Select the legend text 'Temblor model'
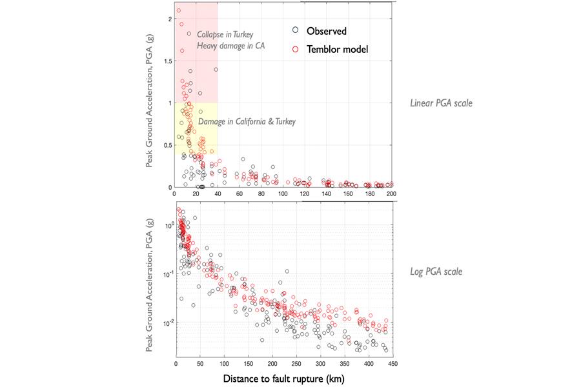tap(337, 48)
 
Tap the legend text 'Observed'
tap(327, 30)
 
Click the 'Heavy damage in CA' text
tap(231, 46)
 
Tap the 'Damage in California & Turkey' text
tap(246, 121)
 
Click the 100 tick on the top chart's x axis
tap(283, 193)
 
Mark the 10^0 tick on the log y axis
tap(166, 226)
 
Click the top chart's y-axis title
tap(150, 103)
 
